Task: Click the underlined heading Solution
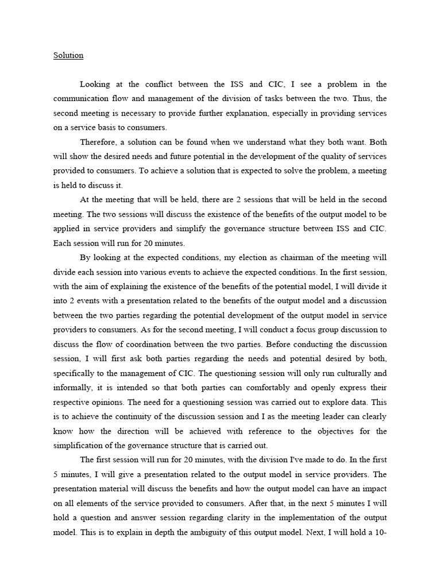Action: pyautogui.click(x=68, y=56)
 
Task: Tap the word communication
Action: pyautogui.click(x=82, y=99)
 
